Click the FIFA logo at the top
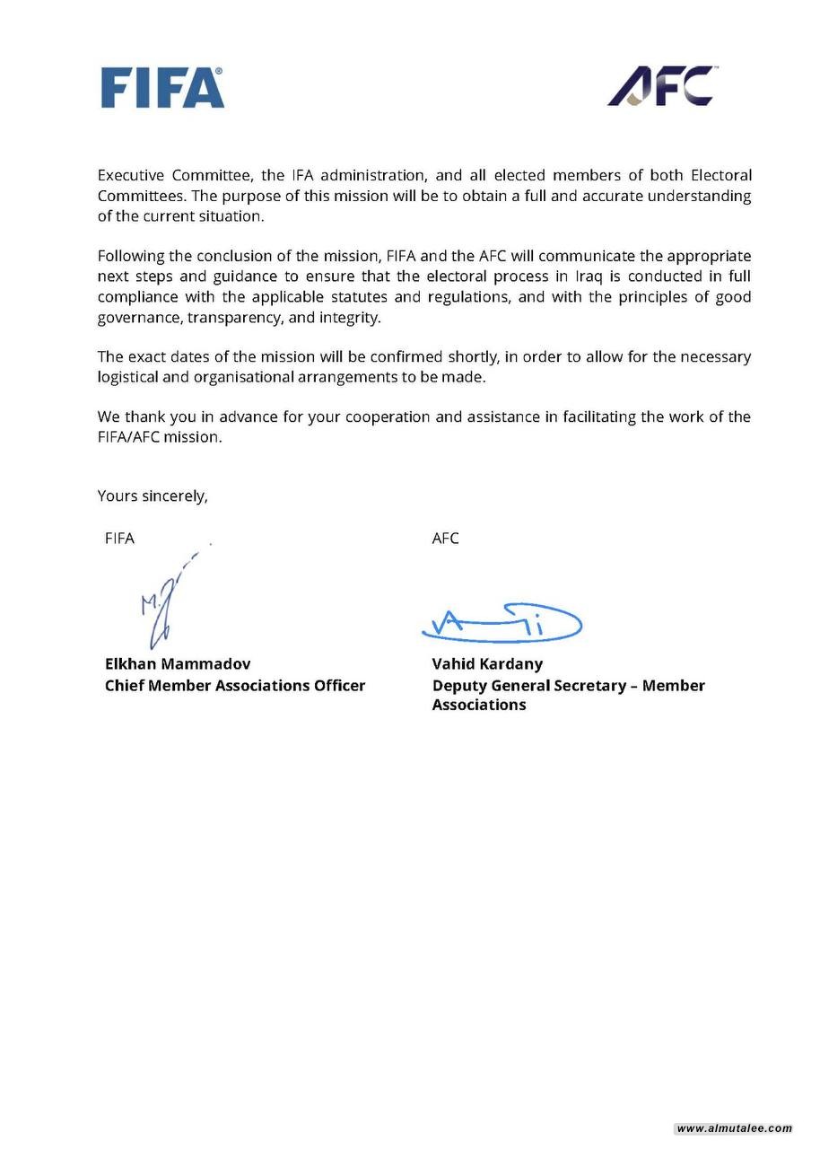point(162,88)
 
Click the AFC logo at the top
point(661,86)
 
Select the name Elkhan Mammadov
point(178,664)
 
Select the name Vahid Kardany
point(487,664)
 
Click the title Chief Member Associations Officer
point(235,685)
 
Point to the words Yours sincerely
point(153,496)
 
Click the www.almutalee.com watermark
point(734,1128)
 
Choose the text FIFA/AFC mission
point(159,437)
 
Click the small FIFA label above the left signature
point(119,539)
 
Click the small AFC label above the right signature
point(445,539)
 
